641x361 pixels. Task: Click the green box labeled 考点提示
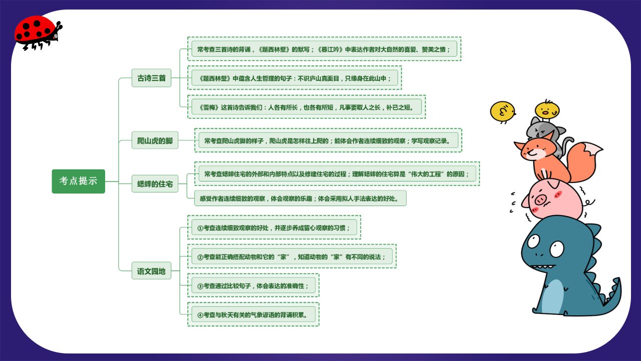pos(79,181)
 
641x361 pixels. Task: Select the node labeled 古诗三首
pos(151,78)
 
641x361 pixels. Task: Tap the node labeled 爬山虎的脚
pos(155,140)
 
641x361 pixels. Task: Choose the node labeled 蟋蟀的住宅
pos(155,184)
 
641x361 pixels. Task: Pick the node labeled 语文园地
pos(151,271)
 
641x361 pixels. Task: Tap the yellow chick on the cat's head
pos(547,110)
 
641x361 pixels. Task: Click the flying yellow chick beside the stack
pos(502,112)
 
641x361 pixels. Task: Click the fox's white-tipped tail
pos(584,160)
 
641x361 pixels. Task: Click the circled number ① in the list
pos(200,228)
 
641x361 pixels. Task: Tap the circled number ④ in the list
pos(200,315)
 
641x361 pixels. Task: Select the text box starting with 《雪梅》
pos(306,107)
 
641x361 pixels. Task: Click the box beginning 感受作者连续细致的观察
pos(300,198)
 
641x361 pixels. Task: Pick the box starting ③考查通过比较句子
pos(253,286)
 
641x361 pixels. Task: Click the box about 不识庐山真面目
pos(295,78)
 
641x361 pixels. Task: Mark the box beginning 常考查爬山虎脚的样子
pos(328,140)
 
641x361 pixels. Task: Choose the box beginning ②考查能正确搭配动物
pos(292,256)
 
